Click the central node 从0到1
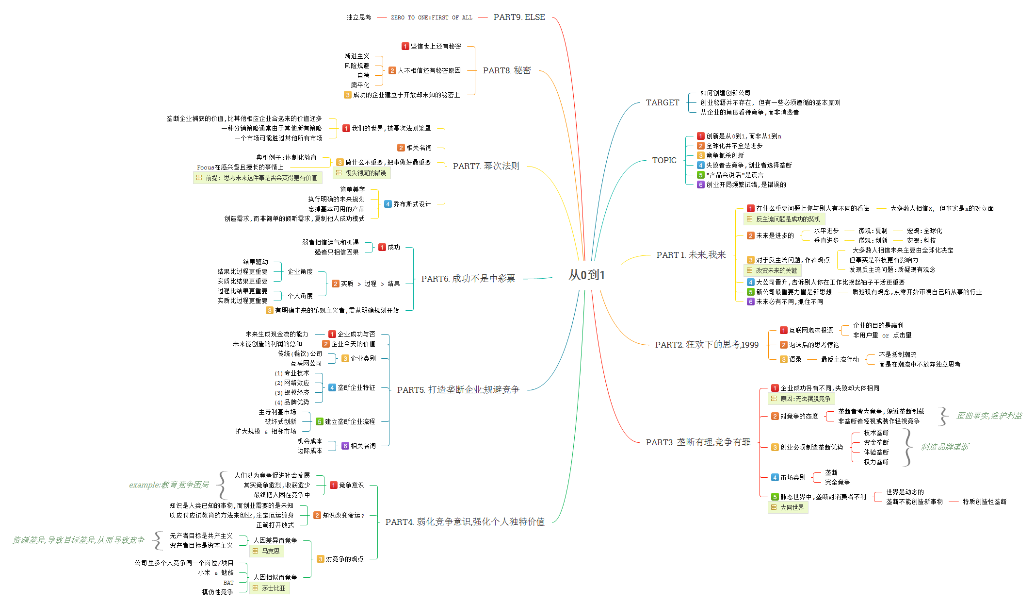586,275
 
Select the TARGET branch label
662,102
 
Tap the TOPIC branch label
664,160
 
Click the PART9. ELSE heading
519,17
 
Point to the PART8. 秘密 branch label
506,70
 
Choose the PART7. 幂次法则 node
485,166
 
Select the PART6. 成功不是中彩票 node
468,279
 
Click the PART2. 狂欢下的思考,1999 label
706,345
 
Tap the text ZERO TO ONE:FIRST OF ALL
431,17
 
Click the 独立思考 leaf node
358,17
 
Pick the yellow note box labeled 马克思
266,551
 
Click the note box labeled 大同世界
788,507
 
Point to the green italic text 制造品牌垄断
945,447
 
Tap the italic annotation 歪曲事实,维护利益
988,416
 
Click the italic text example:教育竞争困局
169,485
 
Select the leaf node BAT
228,583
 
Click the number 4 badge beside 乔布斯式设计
388,204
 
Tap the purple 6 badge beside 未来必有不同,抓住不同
750,302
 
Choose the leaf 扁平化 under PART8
360,85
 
